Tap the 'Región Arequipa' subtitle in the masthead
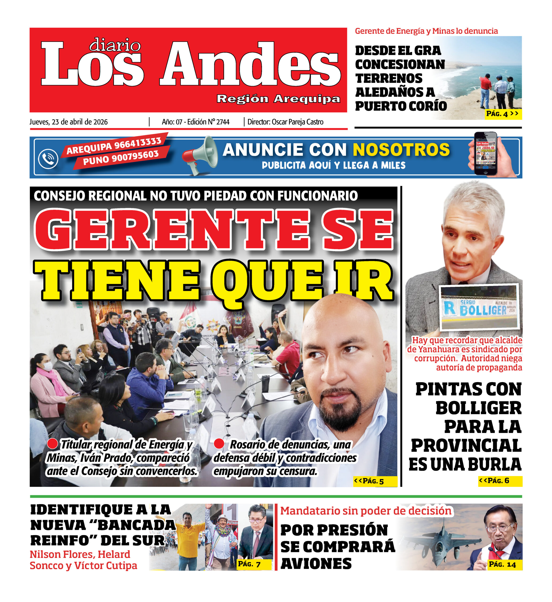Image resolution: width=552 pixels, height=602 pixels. coord(278,99)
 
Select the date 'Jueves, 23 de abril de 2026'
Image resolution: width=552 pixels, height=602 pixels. coord(68,122)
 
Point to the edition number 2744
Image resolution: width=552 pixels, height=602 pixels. coord(223,122)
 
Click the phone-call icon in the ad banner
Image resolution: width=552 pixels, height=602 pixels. coord(48,158)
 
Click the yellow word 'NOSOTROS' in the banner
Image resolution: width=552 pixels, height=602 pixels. coord(401,150)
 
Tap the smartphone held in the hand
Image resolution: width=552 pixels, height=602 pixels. coord(485,153)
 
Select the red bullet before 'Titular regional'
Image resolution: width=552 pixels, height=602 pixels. coord(52,444)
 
